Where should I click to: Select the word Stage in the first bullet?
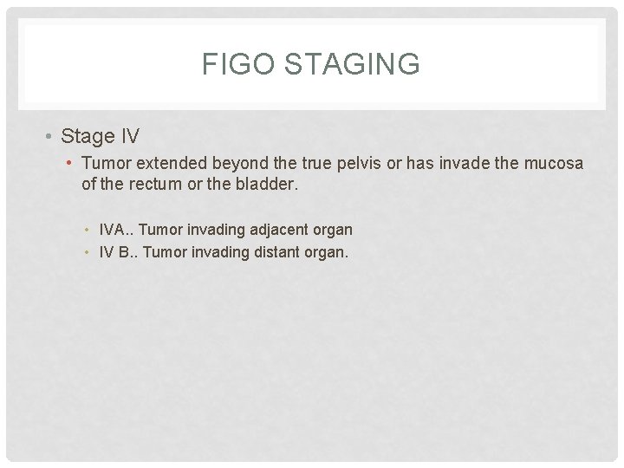tap(88, 136)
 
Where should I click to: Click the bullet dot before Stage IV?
tap(50, 136)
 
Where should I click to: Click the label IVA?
tap(113, 230)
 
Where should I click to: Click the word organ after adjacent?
tap(333, 231)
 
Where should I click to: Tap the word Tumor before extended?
tap(106, 163)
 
